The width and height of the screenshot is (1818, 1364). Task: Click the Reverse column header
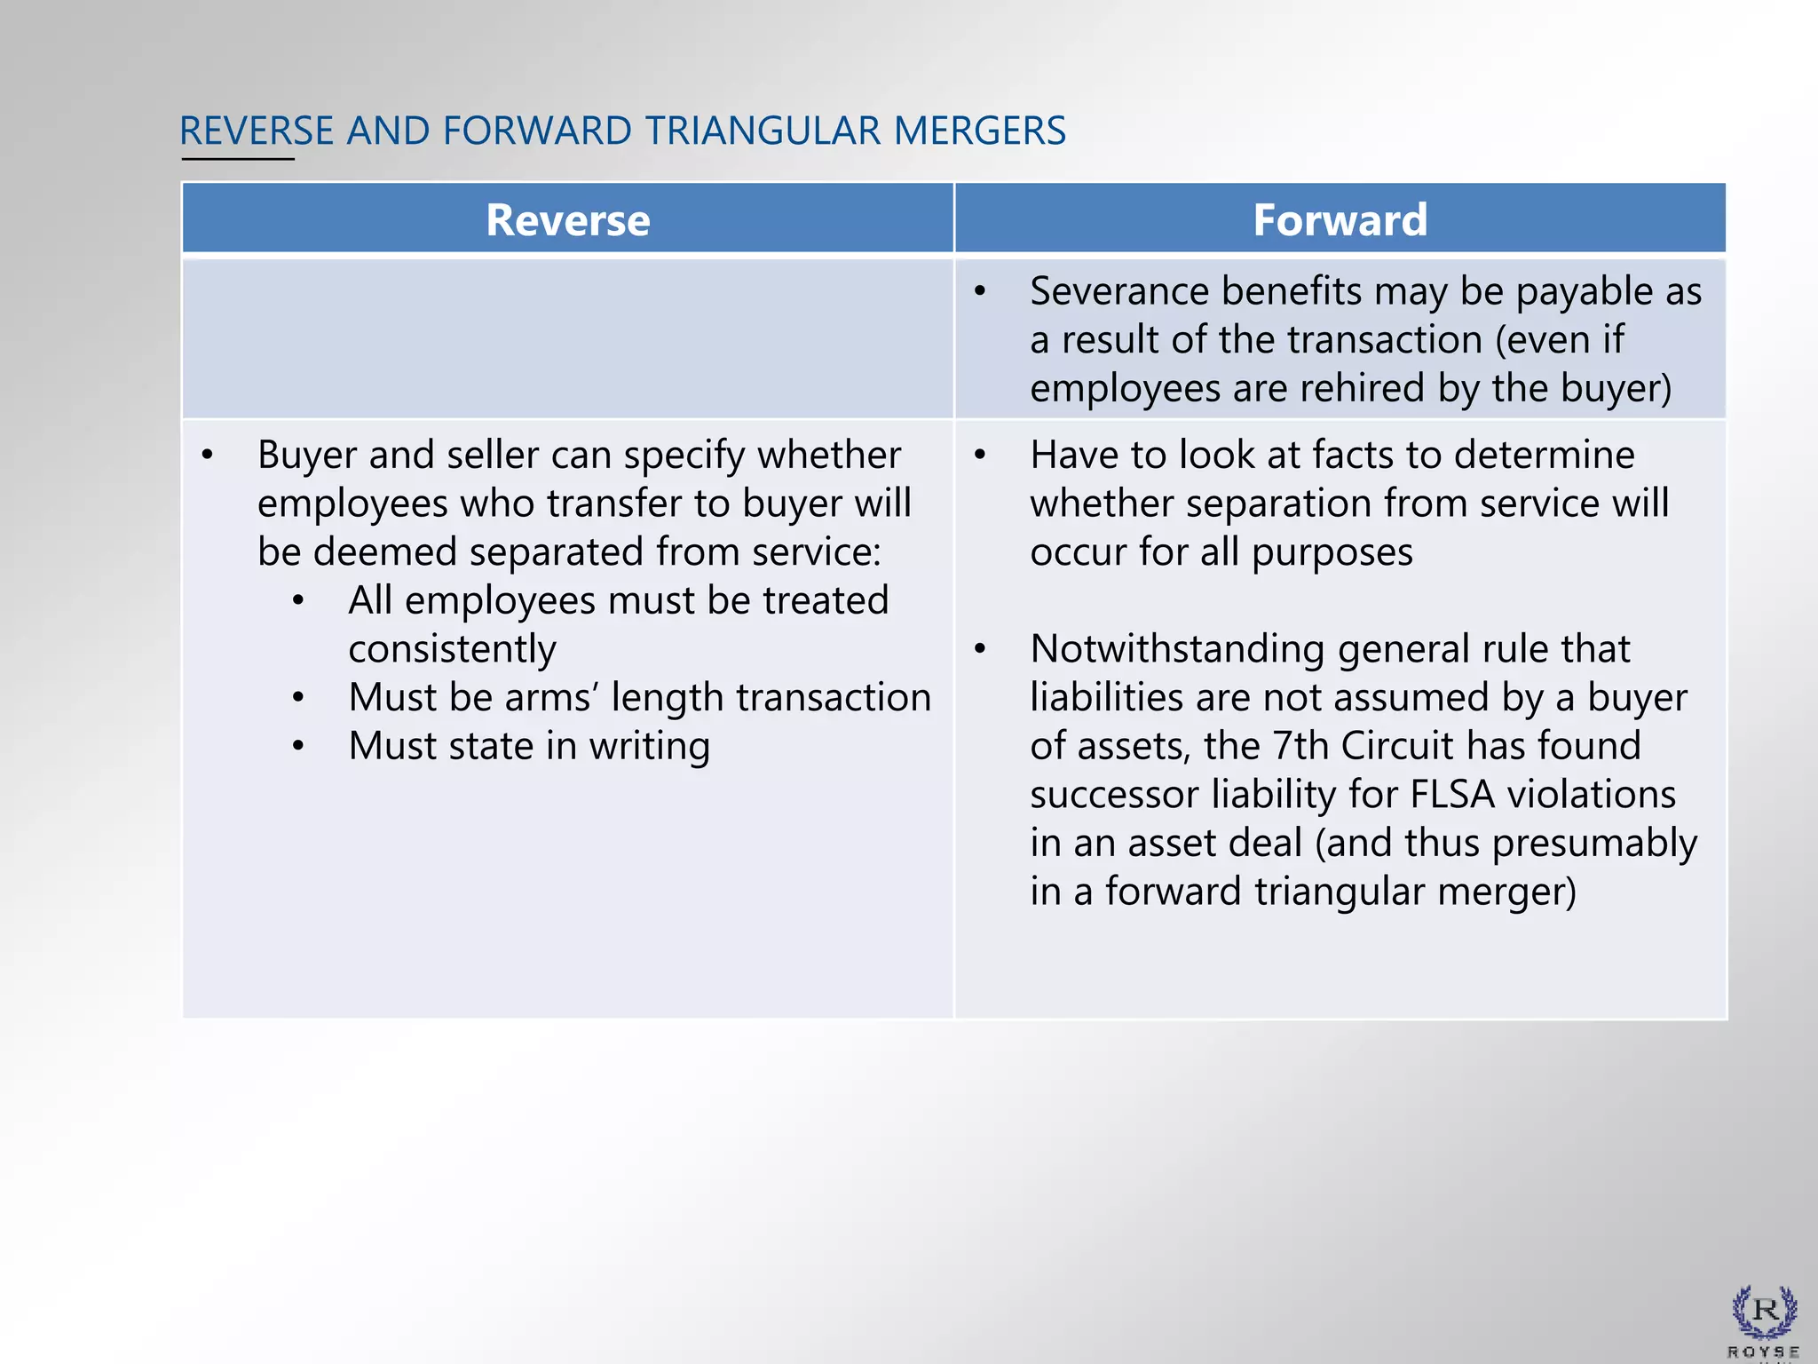[567, 219]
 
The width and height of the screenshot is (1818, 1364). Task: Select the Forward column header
[1340, 219]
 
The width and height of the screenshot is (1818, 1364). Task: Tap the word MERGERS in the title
[979, 131]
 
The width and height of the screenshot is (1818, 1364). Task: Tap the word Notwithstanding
[1177, 648]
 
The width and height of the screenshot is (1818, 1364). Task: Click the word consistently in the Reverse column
[452, 649]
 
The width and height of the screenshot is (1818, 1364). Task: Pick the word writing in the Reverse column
[649, 746]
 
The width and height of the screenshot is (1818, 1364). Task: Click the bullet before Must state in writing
[298, 746]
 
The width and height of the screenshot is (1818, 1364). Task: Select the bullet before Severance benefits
[980, 291]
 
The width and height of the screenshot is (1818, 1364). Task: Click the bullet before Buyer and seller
[207, 455]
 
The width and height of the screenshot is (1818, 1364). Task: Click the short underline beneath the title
[238, 159]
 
